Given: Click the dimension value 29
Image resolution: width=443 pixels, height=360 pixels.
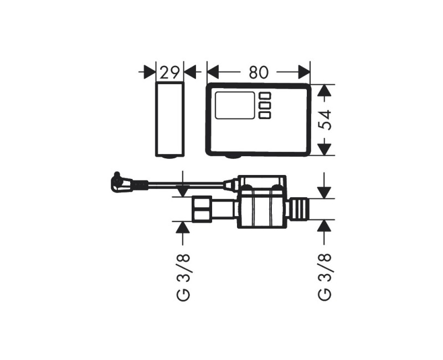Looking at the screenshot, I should [169, 72].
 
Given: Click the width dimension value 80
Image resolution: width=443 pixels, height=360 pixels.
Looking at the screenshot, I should [258, 72].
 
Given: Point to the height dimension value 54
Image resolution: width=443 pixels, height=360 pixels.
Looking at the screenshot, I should [327, 119].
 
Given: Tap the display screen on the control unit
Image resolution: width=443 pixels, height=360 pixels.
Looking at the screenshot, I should [235, 105].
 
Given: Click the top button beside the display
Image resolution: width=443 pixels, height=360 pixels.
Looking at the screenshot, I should [265, 95].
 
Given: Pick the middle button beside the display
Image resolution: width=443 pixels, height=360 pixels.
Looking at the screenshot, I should [265, 105].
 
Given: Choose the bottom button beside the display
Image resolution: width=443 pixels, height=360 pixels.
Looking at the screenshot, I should [265, 115].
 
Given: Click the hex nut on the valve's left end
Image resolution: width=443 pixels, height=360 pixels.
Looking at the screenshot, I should [201, 209].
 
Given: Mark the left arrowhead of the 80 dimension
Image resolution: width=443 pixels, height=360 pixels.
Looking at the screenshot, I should [213, 72].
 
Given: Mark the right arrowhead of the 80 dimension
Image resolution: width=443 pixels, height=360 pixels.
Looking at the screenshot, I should [304, 72].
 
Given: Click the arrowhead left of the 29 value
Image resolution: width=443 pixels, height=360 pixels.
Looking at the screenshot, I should [150, 72].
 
